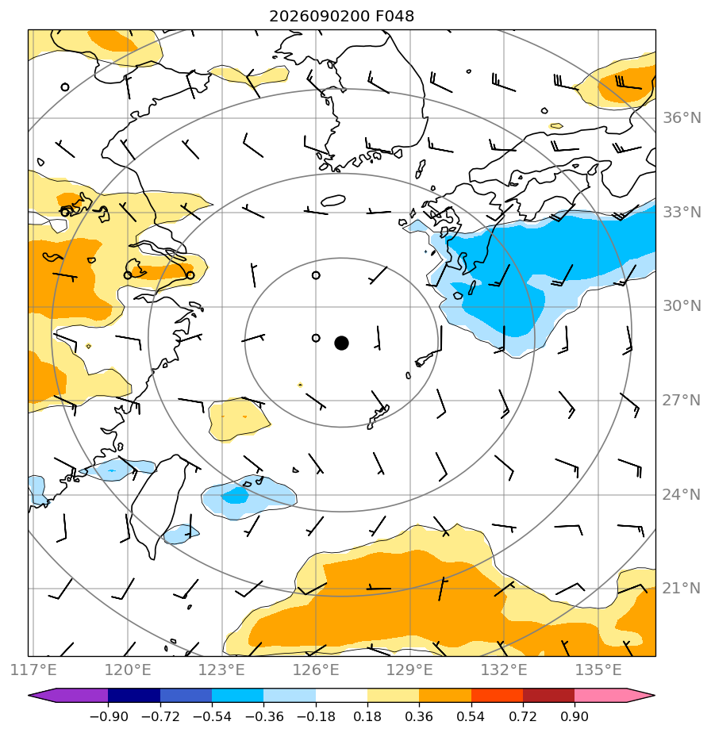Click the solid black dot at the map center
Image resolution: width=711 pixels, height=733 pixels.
click(x=341, y=343)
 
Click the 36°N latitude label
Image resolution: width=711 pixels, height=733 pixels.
click(x=682, y=117)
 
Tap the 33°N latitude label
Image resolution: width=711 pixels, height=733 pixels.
click(x=682, y=213)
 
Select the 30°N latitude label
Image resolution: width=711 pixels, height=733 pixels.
click(x=682, y=306)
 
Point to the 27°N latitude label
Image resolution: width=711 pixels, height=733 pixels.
click(x=682, y=401)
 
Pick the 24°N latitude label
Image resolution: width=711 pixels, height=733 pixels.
click(x=682, y=494)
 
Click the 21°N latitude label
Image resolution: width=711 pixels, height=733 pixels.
click(x=682, y=589)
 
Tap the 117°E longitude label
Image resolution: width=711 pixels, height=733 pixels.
click(x=33, y=670)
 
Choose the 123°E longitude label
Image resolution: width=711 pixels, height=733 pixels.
click(x=221, y=670)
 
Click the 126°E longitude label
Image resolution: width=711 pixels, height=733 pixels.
click(x=316, y=670)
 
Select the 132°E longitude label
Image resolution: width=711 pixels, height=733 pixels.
click(x=504, y=670)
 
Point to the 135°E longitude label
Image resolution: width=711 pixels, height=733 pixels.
click(x=598, y=670)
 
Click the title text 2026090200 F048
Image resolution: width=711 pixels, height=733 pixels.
click(x=341, y=17)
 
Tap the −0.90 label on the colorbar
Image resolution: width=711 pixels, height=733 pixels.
click(x=109, y=716)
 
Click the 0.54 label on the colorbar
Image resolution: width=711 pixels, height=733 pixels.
click(x=471, y=716)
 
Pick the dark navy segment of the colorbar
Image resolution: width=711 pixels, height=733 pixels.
click(x=134, y=696)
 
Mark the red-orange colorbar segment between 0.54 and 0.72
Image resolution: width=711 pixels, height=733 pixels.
click(x=497, y=696)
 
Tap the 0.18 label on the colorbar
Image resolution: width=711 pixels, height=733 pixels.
click(x=367, y=716)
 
